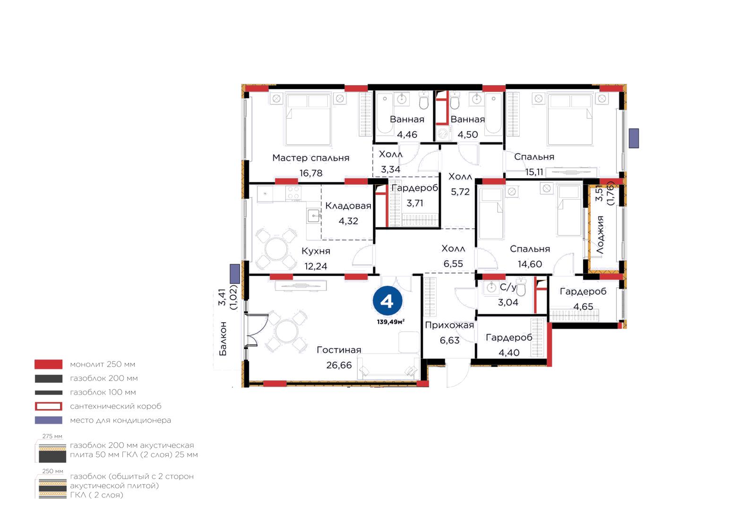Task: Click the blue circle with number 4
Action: [387, 300]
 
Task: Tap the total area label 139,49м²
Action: [390, 322]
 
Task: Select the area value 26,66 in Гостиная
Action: [339, 365]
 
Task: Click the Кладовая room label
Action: [348, 206]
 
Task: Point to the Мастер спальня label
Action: [310, 158]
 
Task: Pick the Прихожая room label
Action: [449, 325]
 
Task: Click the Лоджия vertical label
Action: [600, 235]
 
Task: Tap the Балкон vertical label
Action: [223, 338]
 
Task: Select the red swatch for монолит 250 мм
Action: [49, 364]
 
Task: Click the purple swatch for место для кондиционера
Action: [49, 420]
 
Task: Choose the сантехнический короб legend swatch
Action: [49, 406]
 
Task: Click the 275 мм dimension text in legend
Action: [52, 436]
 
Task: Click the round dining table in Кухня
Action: [276, 249]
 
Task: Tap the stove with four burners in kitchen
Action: [293, 193]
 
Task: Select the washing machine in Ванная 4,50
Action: [444, 133]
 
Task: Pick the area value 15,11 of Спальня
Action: [534, 172]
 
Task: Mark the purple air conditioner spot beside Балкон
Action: [234, 274]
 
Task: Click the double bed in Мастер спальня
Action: [308, 120]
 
